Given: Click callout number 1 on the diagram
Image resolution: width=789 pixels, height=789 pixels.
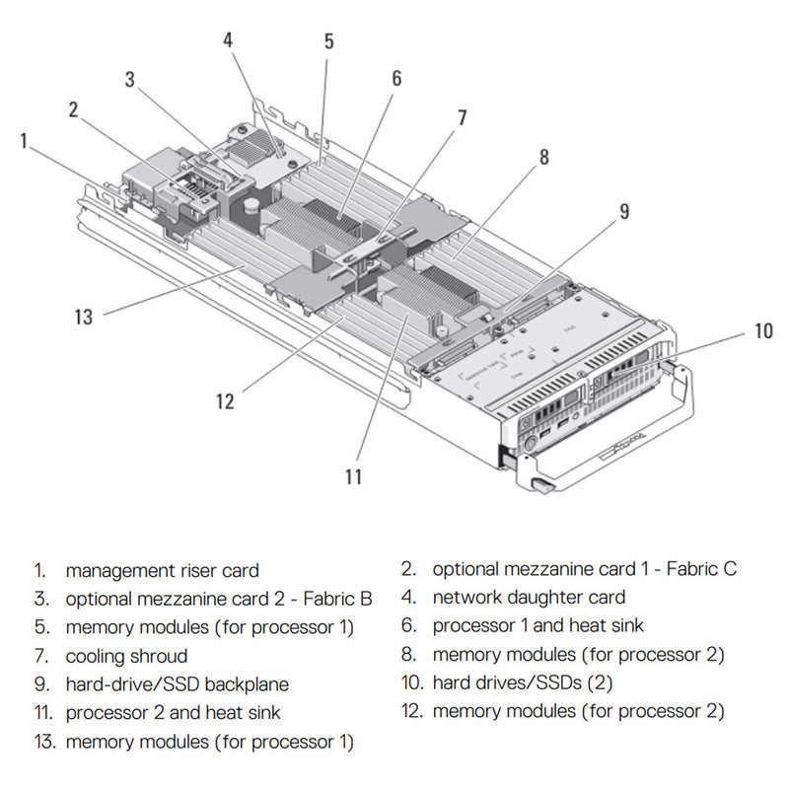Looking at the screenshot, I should click(x=24, y=141).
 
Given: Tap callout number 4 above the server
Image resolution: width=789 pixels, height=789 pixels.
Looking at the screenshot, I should click(x=228, y=40).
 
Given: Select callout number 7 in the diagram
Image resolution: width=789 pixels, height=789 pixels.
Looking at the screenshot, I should click(x=462, y=117).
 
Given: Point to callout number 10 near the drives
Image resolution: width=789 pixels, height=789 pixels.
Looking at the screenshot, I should click(x=763, y=331).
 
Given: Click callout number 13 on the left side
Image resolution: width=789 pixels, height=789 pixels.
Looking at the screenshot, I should click(x=83, y=317).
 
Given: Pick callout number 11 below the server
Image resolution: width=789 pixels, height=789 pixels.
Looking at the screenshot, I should click(x=353, y=476).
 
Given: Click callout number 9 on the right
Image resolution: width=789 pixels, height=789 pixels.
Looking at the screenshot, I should click(x=623, y=210).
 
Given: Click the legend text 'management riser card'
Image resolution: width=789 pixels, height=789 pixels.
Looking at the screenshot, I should click(x=162, y=570).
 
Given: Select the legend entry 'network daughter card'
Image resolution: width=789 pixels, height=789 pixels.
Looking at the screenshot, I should click(x=529, y=597).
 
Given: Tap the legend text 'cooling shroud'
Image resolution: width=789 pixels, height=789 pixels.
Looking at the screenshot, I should click(x=126, y=655).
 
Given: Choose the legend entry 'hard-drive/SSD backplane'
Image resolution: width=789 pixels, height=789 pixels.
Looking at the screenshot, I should click(x=178, y=683).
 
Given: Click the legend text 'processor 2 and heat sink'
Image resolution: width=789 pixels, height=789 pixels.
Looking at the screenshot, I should click(x=173, y=712).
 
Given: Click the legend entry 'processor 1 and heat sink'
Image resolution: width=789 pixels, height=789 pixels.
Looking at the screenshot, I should click(x=538, y=625).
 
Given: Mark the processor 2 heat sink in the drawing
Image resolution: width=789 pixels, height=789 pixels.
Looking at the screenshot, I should click(x=414, y=296).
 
